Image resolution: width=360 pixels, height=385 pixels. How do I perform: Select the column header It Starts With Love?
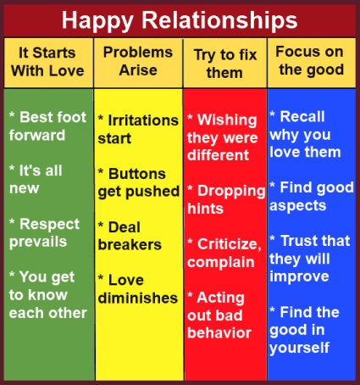click(x=48, y=61)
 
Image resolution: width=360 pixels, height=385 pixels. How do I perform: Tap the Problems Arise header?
click(x=138, y=60)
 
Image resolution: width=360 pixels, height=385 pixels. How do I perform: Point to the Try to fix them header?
click(x=224, y=61)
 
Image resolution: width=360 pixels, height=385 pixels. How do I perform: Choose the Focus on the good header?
click(x=310, y=60)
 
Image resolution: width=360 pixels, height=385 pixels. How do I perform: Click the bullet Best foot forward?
click(x=48, y=126)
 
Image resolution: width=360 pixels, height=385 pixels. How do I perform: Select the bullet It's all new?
click(x=39, y=179)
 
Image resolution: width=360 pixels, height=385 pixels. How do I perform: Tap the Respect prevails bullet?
click(x=43, y=232)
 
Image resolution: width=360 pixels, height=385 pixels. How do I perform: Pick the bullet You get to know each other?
click(x=48, y=294)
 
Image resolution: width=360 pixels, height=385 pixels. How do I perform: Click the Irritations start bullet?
click(x=138, y=130)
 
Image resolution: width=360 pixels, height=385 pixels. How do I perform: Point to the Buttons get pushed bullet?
click(x=138, y=181)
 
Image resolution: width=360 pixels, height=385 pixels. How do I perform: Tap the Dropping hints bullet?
click(x=225, y=199)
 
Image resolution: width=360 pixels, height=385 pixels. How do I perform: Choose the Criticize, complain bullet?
click(x=225, y=252)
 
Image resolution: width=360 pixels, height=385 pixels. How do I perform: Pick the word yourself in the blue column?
click(x=298, y=349)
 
